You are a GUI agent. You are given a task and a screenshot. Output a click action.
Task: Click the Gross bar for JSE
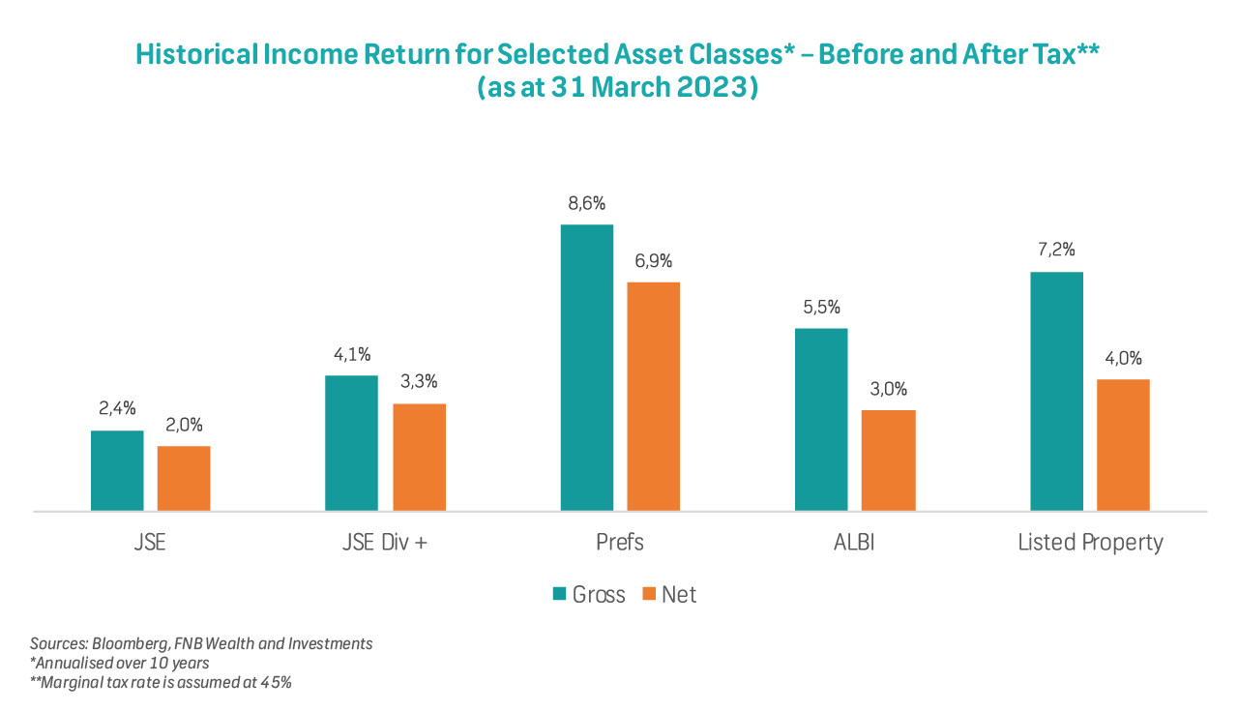coord(117,470)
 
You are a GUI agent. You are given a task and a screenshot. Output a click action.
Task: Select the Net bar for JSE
coord(184,478)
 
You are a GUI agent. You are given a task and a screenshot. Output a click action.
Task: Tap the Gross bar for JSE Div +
coord(351,442)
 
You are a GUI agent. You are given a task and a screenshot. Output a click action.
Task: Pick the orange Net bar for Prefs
coord(654,396)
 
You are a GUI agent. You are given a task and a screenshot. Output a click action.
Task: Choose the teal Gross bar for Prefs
coord(587,368)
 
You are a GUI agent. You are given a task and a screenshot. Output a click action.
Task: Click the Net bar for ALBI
coord(888,460)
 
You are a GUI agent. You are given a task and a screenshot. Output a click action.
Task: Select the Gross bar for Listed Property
coord(1056,391)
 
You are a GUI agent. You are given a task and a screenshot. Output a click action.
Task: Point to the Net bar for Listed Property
coord(1123,444)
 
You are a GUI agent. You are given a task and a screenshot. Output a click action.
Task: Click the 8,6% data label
coord(587,204)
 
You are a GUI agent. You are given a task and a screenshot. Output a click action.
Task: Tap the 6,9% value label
coord(654,261)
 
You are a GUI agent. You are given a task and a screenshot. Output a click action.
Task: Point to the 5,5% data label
coord(821,308)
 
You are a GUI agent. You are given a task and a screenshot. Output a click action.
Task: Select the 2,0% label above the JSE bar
coord(184,426)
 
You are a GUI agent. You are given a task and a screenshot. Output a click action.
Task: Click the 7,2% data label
coord(1056,251)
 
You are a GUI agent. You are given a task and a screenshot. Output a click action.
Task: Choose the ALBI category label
coord(854,542)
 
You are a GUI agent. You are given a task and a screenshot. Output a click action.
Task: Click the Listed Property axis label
coord(1090,542)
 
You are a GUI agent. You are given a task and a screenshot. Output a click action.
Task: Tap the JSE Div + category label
coord(385,542)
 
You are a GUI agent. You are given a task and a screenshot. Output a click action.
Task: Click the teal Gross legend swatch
coord(559,594)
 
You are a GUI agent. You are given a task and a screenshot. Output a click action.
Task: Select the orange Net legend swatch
coord(649,594)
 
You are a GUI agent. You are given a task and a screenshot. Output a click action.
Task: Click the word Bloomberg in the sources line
coord(127,643)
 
